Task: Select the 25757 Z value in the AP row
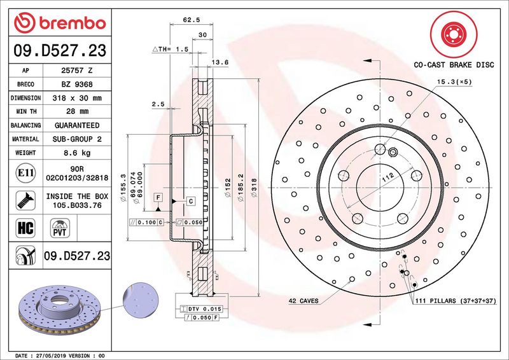(80, 71)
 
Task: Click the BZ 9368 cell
(80, 85)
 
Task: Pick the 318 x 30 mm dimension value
(80, 98)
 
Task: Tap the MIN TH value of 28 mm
(80, 112)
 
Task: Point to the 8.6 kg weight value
(80, 153)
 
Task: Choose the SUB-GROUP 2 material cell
(80, 139)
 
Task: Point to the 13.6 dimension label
(220, 62)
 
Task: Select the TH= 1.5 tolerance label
(171, 48)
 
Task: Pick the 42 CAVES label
(304, 300)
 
